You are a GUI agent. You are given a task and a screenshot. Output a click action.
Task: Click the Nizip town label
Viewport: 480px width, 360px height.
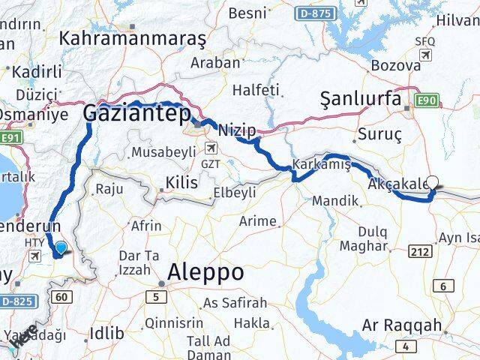point(236,130)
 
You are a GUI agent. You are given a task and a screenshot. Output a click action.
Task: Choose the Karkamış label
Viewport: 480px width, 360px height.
point(322,165)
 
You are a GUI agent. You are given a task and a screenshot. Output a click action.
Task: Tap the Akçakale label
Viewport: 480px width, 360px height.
point(398,185)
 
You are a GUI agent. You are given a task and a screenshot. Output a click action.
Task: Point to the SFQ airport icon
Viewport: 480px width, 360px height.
point(427,56)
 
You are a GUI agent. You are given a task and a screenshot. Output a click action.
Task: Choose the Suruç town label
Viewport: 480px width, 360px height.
point(381,134)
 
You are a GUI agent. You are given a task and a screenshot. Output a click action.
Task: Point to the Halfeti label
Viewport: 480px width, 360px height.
point(256,90)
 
